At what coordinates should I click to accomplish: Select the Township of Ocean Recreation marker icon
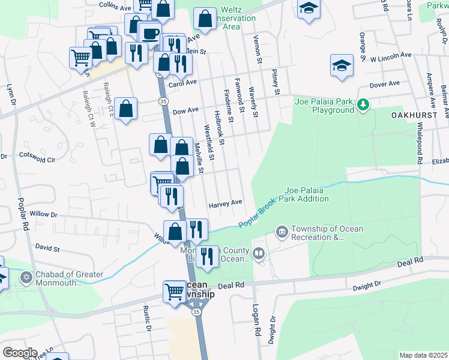click(x=282, y=231)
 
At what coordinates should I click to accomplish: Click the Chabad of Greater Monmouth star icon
click(x=25, y=278)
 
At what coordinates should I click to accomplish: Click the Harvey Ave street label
click(x=225, y=204)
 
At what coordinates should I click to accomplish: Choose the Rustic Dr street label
click(x=146, y=317)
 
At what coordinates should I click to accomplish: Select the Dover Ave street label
click(x=385, y=85)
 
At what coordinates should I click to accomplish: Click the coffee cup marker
click(x=150, y=32)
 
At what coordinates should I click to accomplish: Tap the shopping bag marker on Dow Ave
click(x=126, y=109)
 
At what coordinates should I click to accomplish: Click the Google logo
click(x=20, y=353)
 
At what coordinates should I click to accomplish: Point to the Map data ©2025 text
click(x=423, y=355)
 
